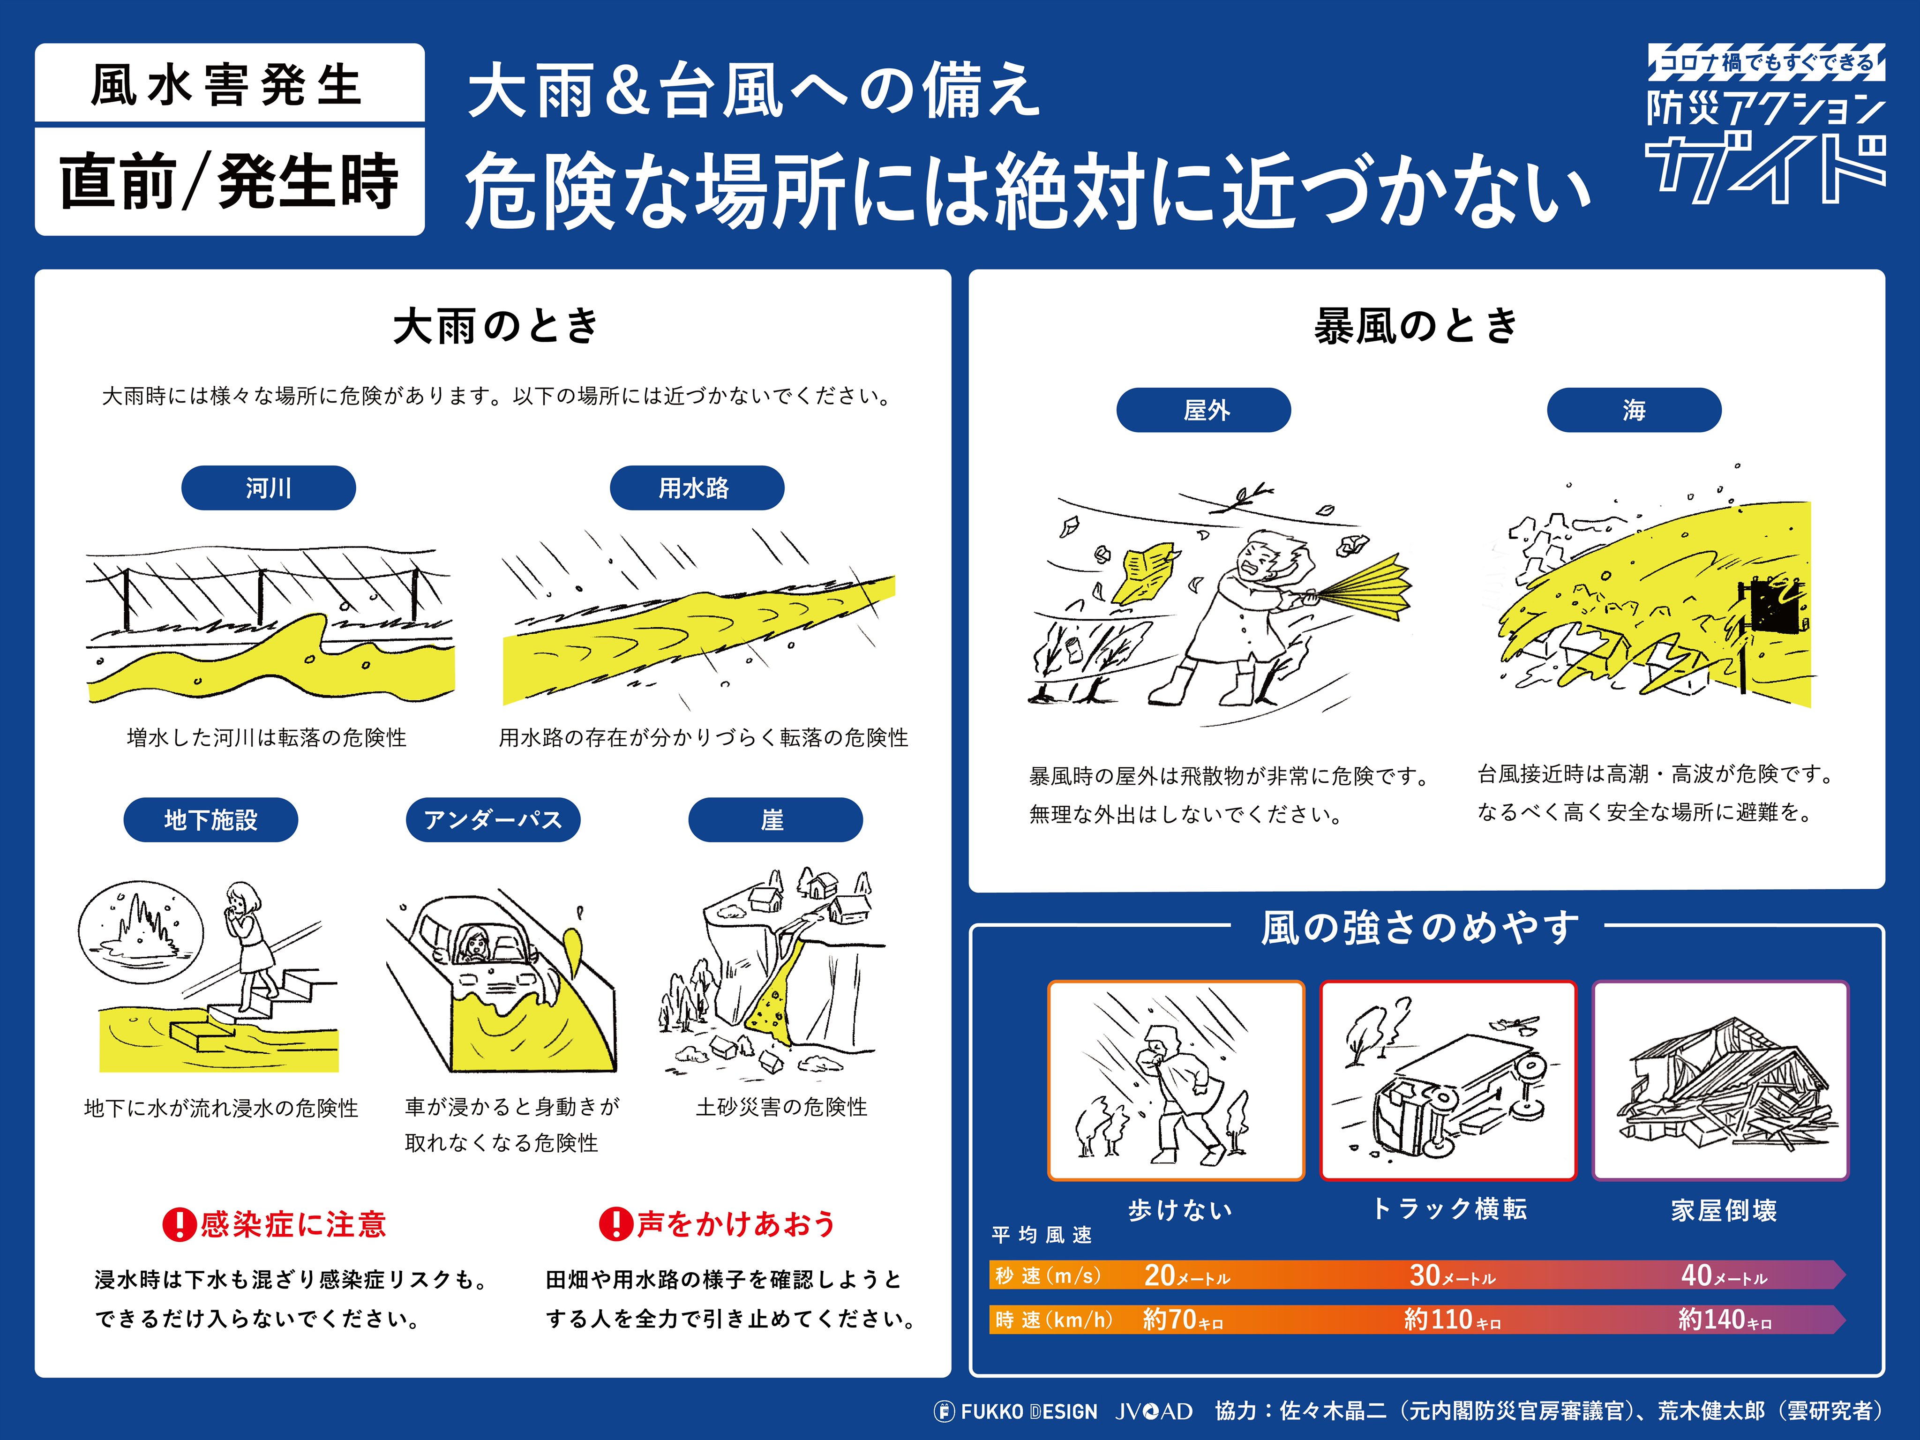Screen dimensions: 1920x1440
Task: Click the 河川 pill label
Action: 268,488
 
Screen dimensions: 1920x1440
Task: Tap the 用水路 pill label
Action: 696,488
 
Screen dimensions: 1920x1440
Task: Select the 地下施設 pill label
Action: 211,819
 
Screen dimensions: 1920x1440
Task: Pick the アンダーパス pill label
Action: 493,819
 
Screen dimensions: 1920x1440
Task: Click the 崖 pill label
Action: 774,819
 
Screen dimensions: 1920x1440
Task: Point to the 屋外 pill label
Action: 1203,410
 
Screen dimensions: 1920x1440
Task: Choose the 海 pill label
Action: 1634,410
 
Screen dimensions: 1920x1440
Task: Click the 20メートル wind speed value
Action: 1185,1275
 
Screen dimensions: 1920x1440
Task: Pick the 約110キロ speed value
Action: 1451,1320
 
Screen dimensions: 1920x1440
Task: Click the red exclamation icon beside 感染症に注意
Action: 179,1224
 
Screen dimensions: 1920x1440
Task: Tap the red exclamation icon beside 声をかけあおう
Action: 615,1224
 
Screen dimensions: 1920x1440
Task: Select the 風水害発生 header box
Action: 229,84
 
